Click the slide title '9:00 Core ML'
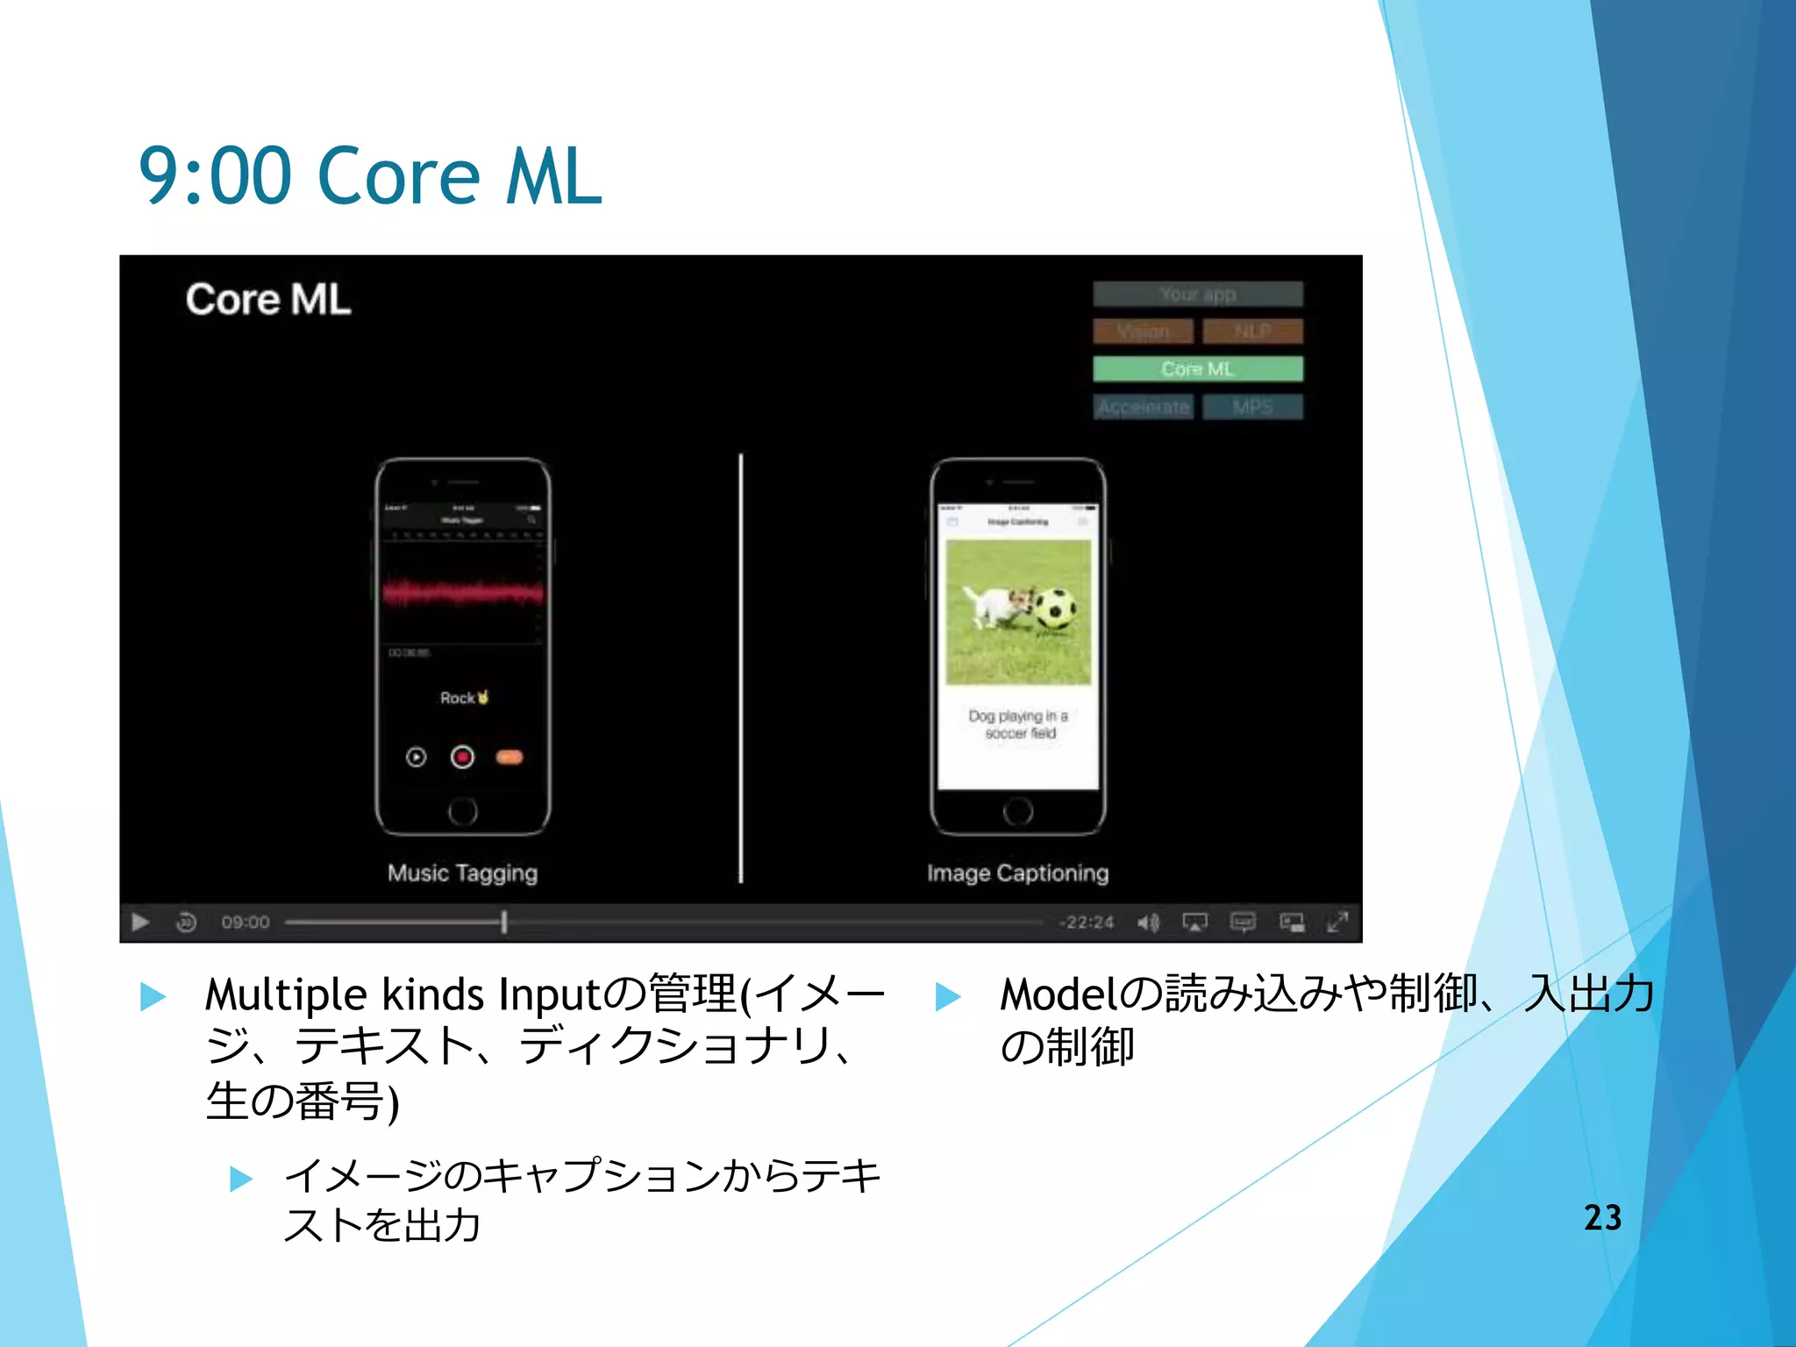pos(370,176)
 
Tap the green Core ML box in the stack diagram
pos(1197,369)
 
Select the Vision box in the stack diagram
pos(1143,331)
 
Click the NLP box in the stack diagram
pos(1252,331)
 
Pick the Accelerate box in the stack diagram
pos(1143,407)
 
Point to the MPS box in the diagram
pos(1252,407)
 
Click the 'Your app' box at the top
pos(1197,294)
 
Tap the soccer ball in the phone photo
pos(1056,607)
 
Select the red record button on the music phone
pos(462,757)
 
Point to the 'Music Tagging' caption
pos(462,873)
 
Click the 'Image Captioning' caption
pos(1017,873)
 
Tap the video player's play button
pos(140,923)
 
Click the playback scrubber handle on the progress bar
pos(504,923)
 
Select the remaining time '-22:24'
pos(1086,923)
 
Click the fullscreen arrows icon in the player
pos(1337,923)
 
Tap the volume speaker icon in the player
pos(1148,923)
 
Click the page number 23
pos(1602,1217)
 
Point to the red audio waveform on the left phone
pos(462,594)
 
